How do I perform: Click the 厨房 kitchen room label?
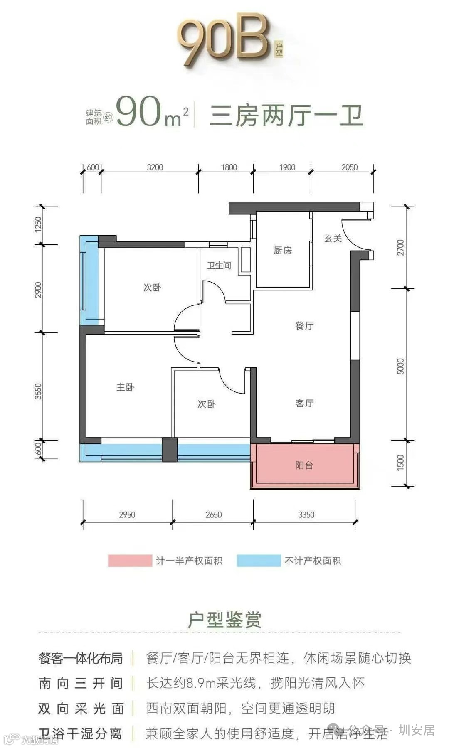(x=283, y=251)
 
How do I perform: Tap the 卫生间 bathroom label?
(x=219, y=266)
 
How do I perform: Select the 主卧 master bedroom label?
(x=125, y=387)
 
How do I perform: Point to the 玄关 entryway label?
(x=333, y=239)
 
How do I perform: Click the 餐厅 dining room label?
(x=304, y=326)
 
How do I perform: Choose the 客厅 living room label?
(x=304, y=404)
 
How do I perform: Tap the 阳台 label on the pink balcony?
(x=304, y=465)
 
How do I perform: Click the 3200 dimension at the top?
(x=155, y=167)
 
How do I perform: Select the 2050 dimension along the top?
(x=349, y=167)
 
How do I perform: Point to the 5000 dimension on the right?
(x=400, y=366)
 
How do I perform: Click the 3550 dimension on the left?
(x=38, y=391)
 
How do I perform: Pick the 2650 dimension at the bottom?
(x=213, y=515)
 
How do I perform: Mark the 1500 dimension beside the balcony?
(x=400, y=463)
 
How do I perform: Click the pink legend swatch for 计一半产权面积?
(x=130, y=561)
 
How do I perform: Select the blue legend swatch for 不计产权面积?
(x=259, y=561)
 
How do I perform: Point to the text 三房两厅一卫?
(x=286, y=116)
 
